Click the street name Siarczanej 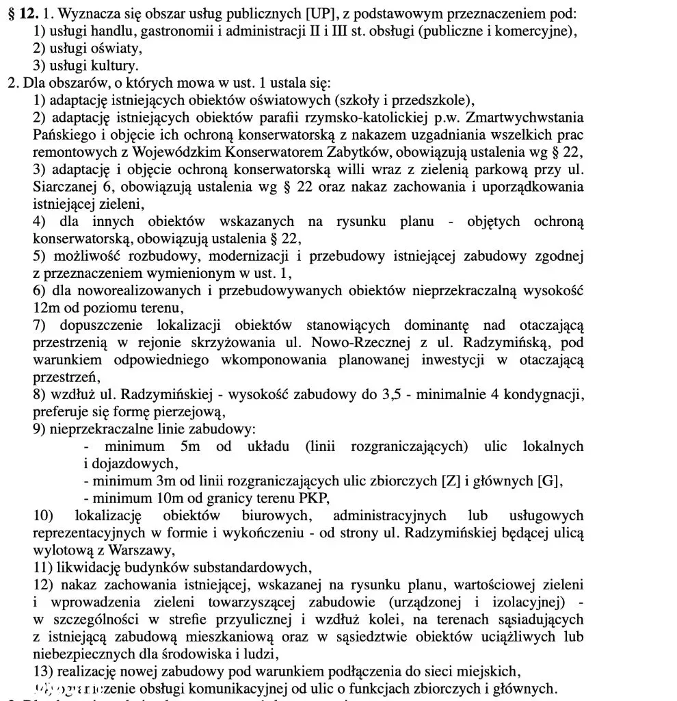coord(63,186)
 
